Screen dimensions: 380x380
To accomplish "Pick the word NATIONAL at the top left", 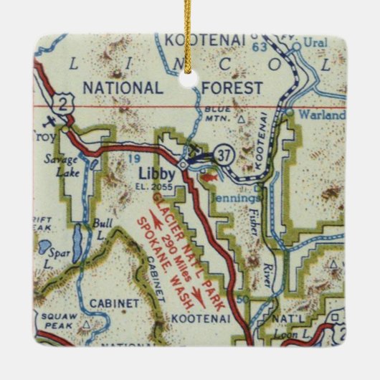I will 123,87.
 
